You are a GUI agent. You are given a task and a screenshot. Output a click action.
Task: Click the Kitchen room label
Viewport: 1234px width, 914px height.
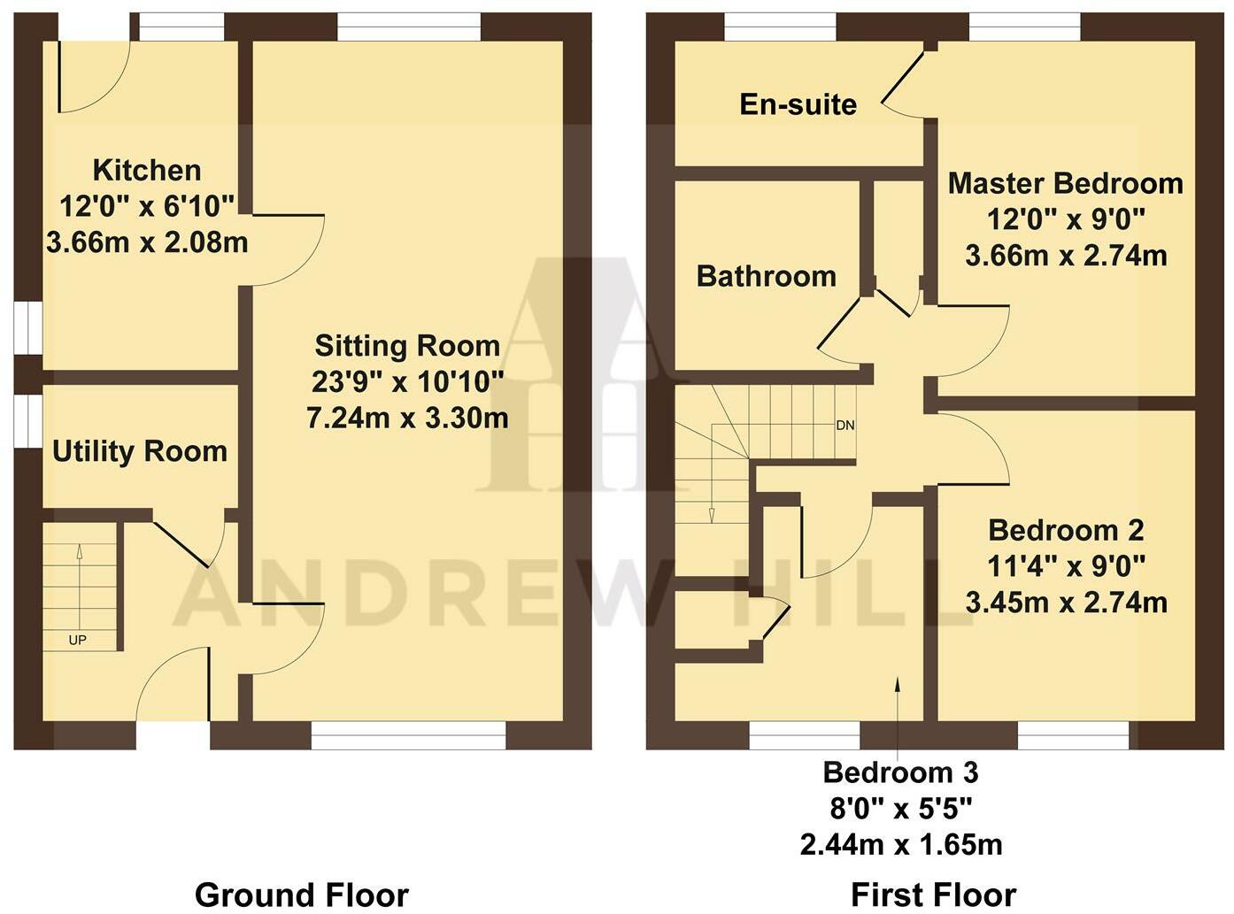(x=147, y=170)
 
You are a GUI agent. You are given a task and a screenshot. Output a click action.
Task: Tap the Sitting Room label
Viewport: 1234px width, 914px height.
(x=407, y=345)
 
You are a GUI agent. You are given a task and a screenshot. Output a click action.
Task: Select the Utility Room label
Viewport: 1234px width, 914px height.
(x=140, y=451)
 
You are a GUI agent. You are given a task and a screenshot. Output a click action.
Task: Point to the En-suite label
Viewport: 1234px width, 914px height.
(x=798, y=104)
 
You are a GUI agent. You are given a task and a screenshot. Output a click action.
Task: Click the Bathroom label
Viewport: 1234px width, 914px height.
(x=766, y=276)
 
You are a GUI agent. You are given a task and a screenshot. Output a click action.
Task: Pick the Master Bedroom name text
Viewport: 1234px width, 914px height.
(x=1065, y=183)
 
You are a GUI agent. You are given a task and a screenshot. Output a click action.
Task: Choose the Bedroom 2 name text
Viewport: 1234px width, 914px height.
(x=1066, y=531)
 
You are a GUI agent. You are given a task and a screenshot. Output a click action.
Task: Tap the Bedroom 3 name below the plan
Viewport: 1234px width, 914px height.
(x=900, y=772)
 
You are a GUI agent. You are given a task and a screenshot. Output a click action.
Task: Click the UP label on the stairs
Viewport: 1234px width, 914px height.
(x=78, y=640)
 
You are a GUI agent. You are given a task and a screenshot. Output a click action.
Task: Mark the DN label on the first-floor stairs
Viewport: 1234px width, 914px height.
(x=845, y=426)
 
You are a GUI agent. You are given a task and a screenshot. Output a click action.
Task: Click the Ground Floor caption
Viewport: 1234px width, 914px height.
(x=301, y=895)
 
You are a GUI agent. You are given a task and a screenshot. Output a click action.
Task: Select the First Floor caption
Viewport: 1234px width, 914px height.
(x=933, y=895)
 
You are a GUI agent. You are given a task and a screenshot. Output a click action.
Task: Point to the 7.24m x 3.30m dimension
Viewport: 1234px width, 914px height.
(x=407, y=418)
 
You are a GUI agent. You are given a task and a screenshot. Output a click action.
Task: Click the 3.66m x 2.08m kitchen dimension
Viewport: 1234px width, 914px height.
(x=147, y=242)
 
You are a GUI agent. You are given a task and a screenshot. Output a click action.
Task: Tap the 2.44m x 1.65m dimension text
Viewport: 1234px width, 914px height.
(x=901, y=845)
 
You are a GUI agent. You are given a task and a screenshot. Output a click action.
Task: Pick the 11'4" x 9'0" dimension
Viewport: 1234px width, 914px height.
(x=1066, y=565)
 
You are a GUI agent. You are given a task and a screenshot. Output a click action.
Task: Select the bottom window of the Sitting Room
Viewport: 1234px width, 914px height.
(x=408, y=735)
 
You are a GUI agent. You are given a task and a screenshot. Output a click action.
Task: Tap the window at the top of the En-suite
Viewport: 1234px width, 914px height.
(x=780, y=27)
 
